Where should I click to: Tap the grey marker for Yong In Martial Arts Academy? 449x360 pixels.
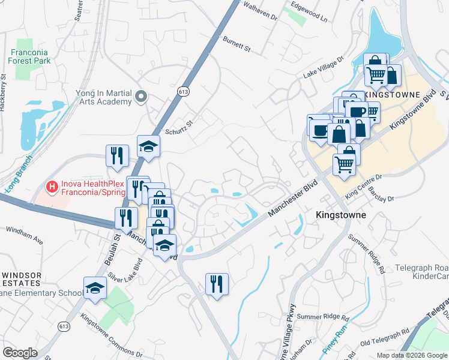pos(142,97)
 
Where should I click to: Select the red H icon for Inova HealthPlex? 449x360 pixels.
pos(52,188)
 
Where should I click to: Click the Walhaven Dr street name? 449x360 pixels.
pos(259,11)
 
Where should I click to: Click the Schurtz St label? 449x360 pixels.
pos(178,126)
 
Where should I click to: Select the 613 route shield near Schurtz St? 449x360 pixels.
pos(184,91)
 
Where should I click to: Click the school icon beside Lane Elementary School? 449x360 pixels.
pos(95,289)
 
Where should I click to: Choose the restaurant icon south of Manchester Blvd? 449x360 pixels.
pos(217,283)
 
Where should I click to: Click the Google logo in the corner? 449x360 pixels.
pos(20,353)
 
